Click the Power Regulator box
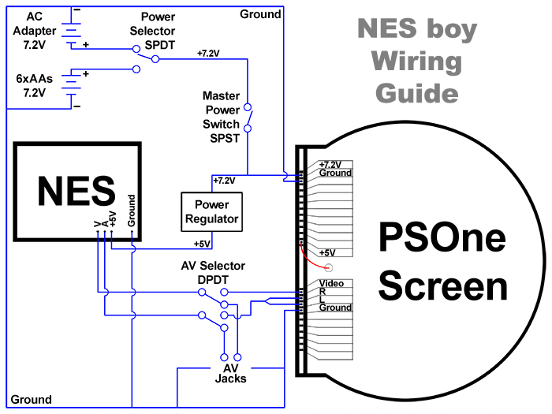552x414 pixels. [211, 211]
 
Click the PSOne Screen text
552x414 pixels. [442, 262]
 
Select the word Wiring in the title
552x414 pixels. [416, 62]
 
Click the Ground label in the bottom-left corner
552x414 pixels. [32, 400]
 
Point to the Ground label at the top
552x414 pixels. [260, 14]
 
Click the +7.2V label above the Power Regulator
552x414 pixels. [224, 181]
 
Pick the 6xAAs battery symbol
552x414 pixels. [73, 87]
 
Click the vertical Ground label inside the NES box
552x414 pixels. [132, 211]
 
